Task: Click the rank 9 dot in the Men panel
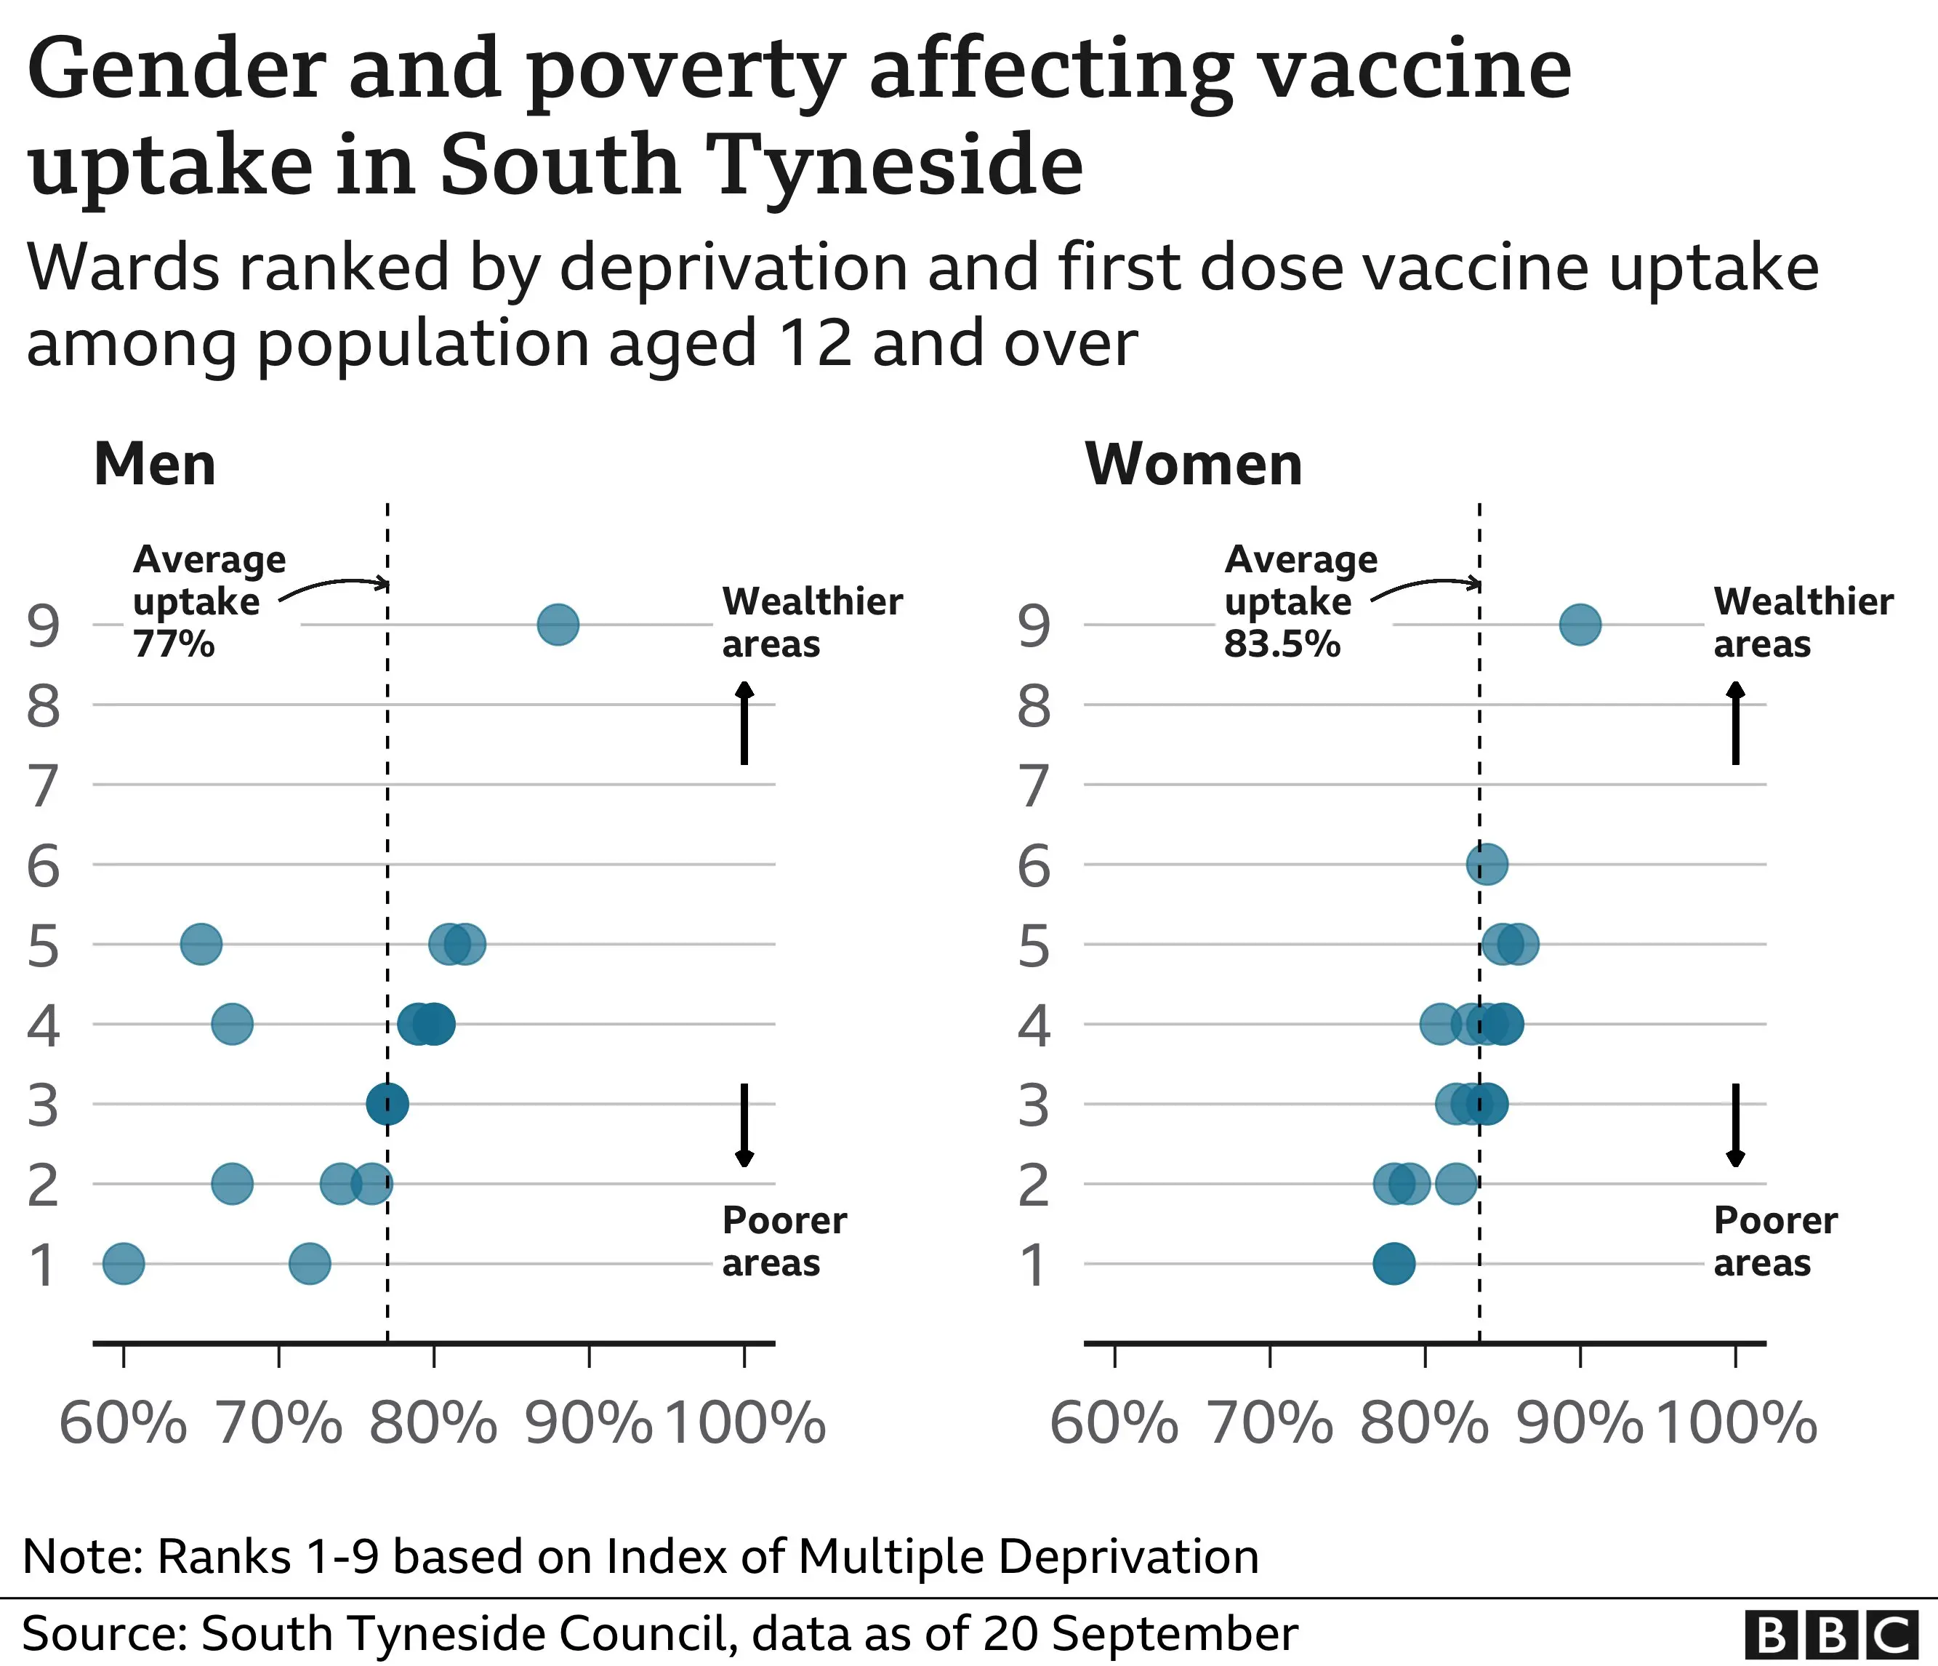558,624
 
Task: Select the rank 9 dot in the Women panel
1580,624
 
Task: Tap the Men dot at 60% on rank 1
124,1264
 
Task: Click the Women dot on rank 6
1487,863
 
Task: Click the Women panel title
1194,464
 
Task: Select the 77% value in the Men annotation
174,644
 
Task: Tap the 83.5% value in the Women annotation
1282,644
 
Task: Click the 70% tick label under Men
278,1424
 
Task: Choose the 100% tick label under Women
1736,1424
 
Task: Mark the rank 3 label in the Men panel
43,1105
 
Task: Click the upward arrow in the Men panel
744,722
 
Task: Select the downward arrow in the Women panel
1735,1125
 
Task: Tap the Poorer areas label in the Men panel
784,1241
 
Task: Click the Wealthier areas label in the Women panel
1802,622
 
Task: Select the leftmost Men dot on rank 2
232,1183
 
